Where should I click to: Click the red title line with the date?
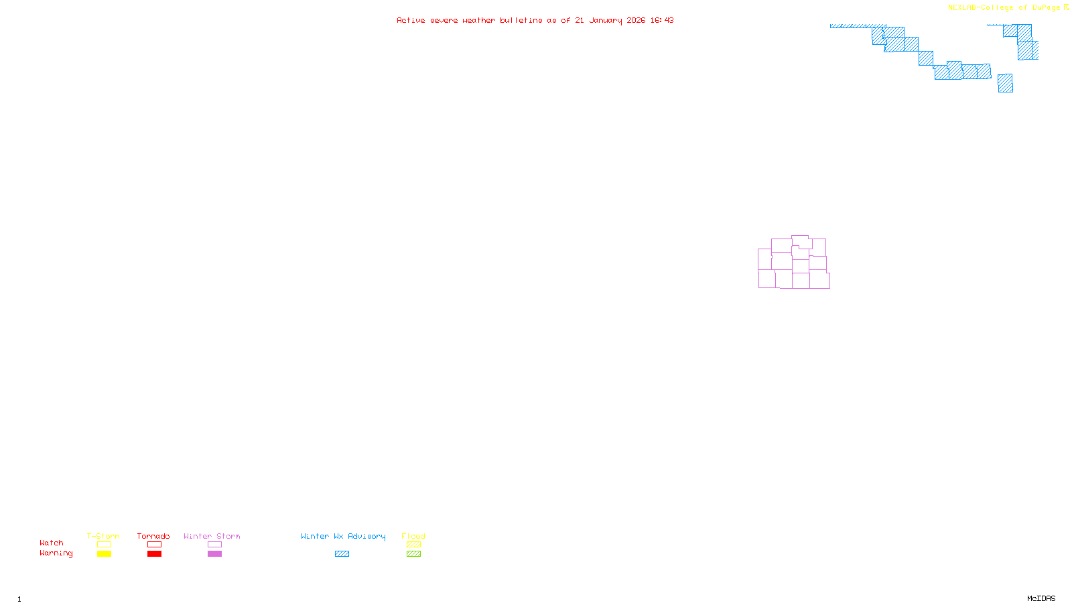click(535, 20)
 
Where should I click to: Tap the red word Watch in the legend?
click(52, 543)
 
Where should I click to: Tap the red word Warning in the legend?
click(56, 553)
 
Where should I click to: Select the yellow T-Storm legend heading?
click(103, 536)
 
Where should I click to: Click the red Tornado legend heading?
click(153, 536)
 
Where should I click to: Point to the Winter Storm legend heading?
click(212, 536)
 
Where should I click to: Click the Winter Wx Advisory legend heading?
click(343, 536)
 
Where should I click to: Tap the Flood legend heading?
click(413, 536)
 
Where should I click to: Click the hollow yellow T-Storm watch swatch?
click(104, 545)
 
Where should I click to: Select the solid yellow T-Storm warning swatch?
click(104, 554)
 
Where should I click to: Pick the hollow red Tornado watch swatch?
click(154, 545)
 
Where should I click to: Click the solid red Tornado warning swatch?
click(154, 554)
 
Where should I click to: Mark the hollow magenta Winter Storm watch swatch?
click(214, 545)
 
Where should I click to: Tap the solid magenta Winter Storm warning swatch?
click(214, 554)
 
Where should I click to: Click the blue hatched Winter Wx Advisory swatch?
click(342, 554)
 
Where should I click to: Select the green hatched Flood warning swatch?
click(413, 554)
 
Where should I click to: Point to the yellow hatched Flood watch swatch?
click(413, 545)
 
